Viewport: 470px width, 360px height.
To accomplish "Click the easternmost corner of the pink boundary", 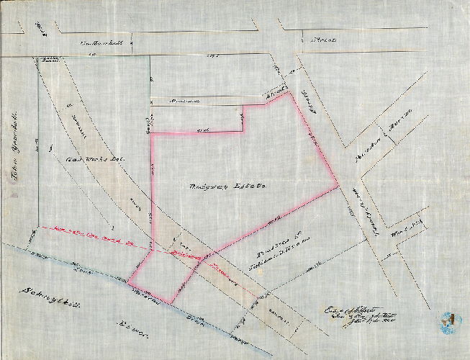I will click(338, 186).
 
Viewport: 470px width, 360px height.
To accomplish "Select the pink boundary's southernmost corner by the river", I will click(171, 302).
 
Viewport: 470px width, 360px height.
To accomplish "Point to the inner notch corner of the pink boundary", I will click(244, 132).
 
